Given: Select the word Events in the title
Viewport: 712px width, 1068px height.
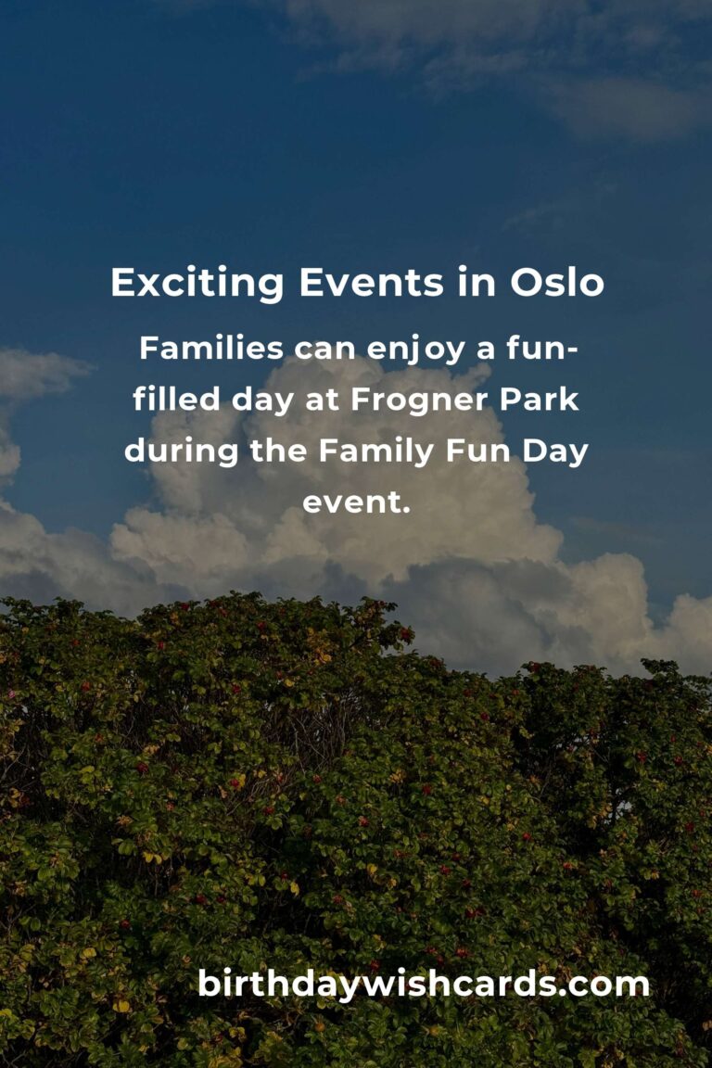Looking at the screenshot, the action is coord(372,283).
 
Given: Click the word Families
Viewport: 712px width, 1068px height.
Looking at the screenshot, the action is coord(211,348).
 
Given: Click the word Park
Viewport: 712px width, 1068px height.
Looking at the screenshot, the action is coord(539,400).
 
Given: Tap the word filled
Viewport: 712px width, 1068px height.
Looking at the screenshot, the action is coord(176,400).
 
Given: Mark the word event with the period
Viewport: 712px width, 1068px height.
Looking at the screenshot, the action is coord(356,502).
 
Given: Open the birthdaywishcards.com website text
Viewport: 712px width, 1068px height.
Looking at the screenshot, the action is coord(423,985).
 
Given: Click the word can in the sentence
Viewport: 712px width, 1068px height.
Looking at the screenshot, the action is coord(325,350).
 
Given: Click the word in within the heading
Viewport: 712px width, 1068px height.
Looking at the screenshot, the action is coord(477,282).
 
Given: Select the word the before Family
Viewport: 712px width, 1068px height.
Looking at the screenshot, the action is coord(278,451).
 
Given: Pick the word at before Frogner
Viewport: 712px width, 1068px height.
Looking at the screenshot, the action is coord(323,400).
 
